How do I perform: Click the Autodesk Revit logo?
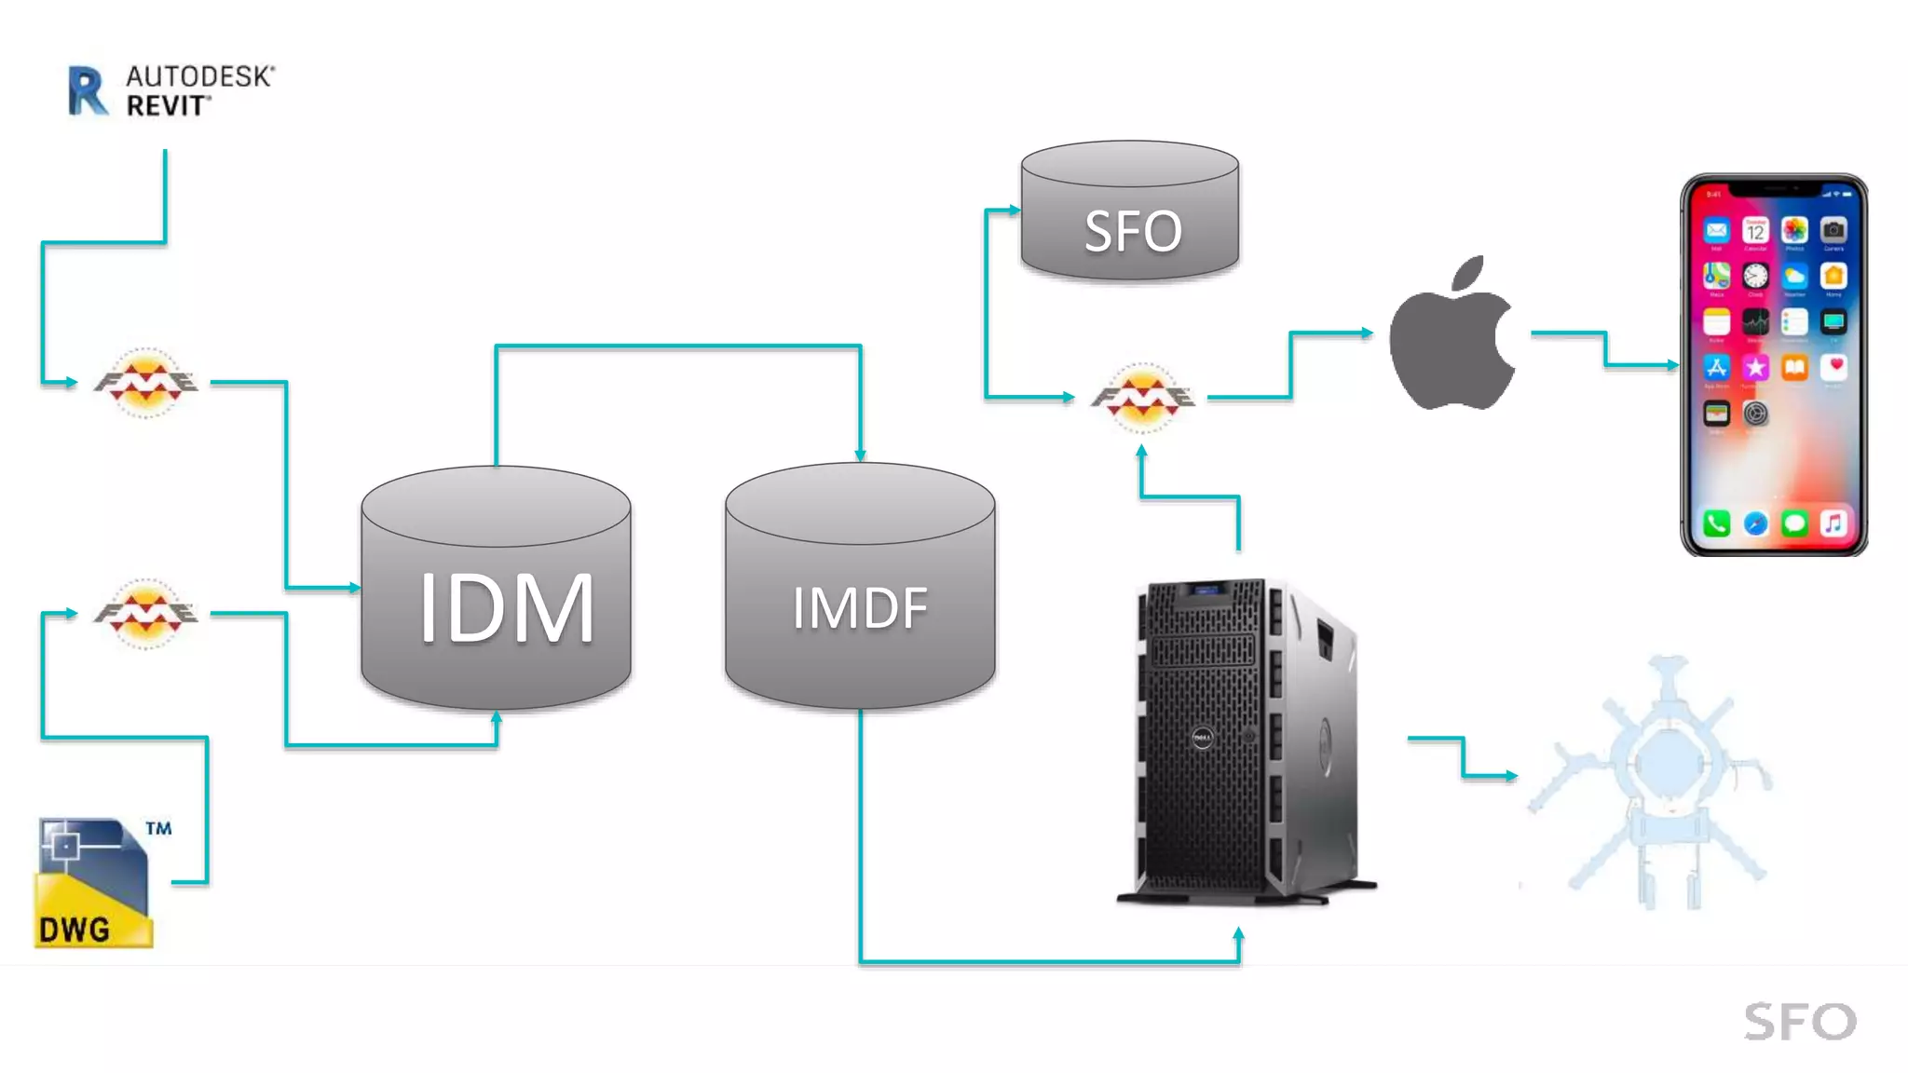[171, 90]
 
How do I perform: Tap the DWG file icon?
[93, 883]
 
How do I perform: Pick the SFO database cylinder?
[1130, 212]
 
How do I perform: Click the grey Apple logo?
[1451, 335]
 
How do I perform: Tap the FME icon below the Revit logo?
[146, 382]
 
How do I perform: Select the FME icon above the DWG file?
[146, 613]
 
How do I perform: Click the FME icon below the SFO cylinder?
[1143, 398]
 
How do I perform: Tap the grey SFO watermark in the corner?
[1799, 1022]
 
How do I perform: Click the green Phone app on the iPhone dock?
[1716, 523]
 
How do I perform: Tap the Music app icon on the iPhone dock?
[1833, 523]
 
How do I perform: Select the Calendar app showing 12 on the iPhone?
[1755, 230]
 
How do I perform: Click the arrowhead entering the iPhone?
[1673, 366]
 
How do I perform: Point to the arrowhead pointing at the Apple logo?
[1367, 333]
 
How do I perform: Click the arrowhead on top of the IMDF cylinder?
[860, 455]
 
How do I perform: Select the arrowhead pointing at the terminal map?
[1511, 775]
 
